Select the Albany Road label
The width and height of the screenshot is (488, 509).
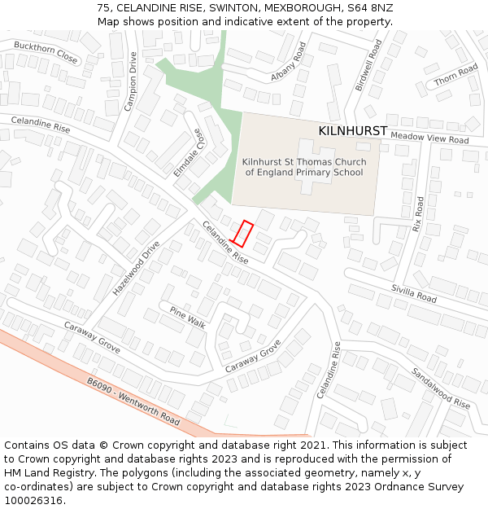pyautogui.click(x=288, y=64)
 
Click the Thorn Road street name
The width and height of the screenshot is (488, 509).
pyautogui.click(x=456, y=76)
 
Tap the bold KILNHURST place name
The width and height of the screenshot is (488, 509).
pyautogui.click(x=353, y=130)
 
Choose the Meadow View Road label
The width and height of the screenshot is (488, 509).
pyautogui.click(x=429, y=138)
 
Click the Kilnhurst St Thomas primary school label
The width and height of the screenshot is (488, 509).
pyautogui.click(x=304, y=167)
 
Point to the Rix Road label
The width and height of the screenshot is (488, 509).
pyautogui.click(x=419, y=214)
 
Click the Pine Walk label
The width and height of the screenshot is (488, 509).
pyautogui.click(x=187, y=316)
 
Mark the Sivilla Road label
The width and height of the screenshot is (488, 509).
pyautogui.click(x=414, y=293)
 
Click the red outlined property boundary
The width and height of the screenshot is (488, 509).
pyautogui.click(x=243, y=234)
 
